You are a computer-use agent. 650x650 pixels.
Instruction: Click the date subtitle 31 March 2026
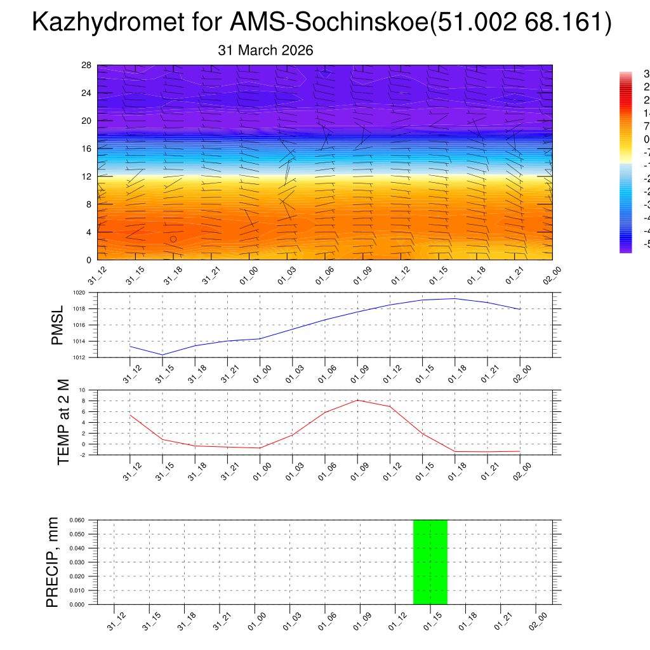[265, 51]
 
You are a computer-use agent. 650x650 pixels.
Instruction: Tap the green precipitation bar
[430, 562]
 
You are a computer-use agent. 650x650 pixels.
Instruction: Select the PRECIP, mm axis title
[53, 562]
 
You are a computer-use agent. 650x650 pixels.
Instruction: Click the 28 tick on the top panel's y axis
[87, 65]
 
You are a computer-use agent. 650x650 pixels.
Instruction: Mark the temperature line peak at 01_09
[357, 400]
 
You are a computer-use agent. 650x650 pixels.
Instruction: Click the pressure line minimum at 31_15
[162, 355]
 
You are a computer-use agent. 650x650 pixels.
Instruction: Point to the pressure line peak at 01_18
[454, 298]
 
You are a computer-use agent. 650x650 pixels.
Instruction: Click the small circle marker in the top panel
[173, 239]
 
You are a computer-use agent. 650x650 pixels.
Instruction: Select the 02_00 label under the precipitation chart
[540, 619]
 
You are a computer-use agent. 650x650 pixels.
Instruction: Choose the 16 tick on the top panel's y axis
[87, 149]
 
